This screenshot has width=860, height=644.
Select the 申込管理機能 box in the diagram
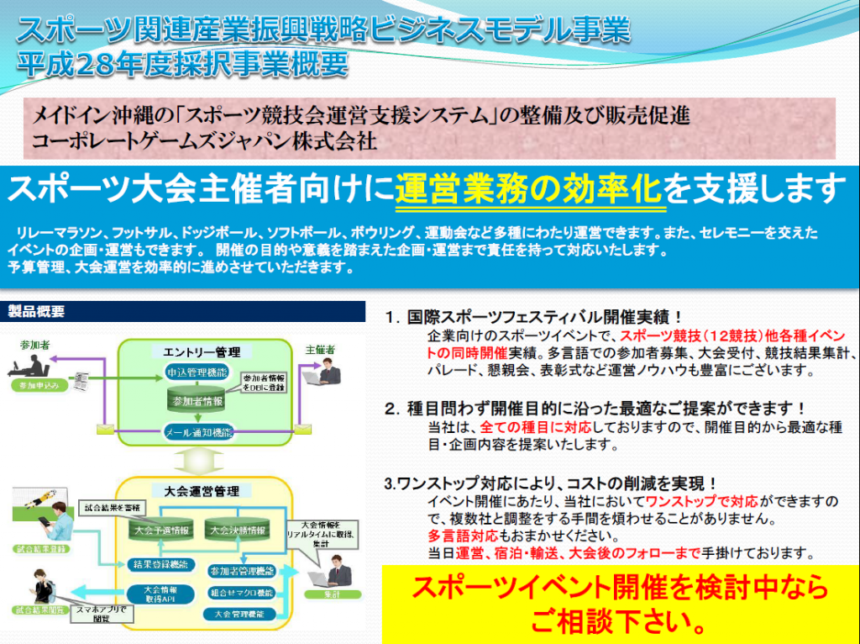[x=195, y=371]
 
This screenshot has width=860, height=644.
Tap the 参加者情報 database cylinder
[x=195, y=401]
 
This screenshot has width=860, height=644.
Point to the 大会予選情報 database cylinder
[x=161, y=531]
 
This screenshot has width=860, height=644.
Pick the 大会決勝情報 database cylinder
[x=238, y=531]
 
